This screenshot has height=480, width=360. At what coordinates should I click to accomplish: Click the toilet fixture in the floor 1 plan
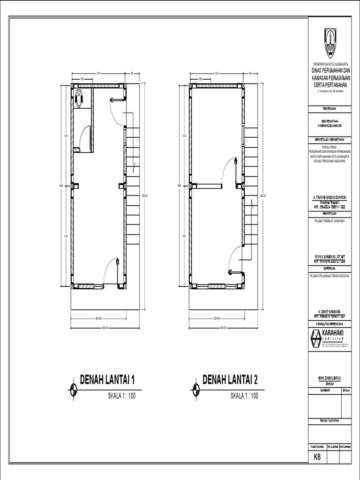click(79, 97)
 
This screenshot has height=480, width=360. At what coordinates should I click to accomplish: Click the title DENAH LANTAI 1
click(110, 379)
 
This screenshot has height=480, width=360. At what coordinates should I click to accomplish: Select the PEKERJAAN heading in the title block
click(330, 108)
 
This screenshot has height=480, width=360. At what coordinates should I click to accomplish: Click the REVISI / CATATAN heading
click(330, 420)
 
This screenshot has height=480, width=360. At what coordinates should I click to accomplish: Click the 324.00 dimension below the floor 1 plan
click(98, 318)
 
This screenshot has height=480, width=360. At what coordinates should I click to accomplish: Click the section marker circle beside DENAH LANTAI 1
click(73, 388)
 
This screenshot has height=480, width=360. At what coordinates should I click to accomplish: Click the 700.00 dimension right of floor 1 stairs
click(145, 196)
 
